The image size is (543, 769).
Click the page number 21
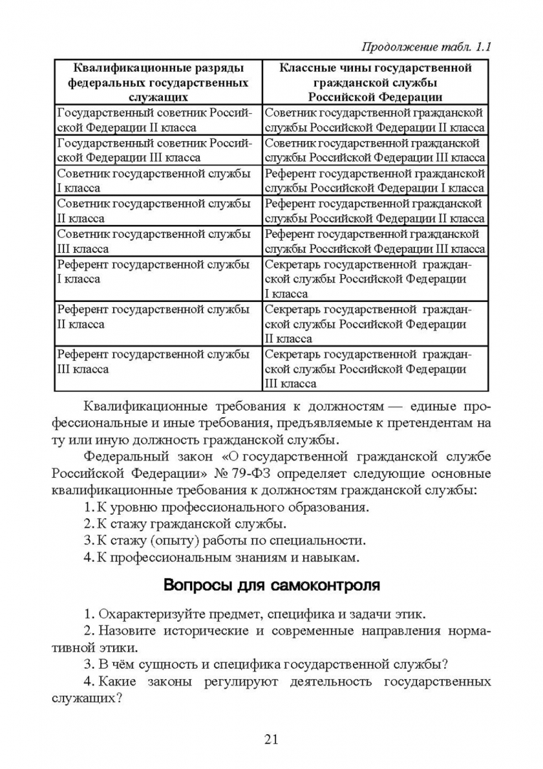click(x=271, y=738)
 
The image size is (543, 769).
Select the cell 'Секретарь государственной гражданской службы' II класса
click(x=375, y=325)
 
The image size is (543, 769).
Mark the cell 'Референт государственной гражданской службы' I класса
click(x=375, y=181)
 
